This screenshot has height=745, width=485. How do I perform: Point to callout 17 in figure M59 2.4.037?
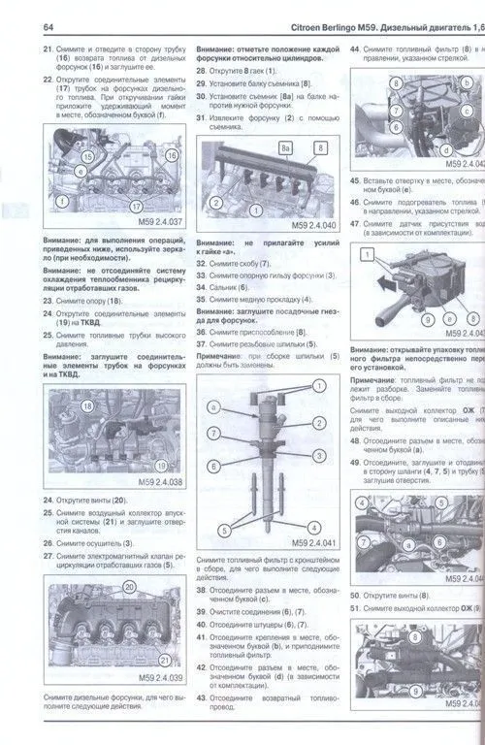pos(136,207)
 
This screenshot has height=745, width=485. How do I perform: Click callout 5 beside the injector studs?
pos(224,530)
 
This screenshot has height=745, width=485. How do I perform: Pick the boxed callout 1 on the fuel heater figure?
pos(368,254)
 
